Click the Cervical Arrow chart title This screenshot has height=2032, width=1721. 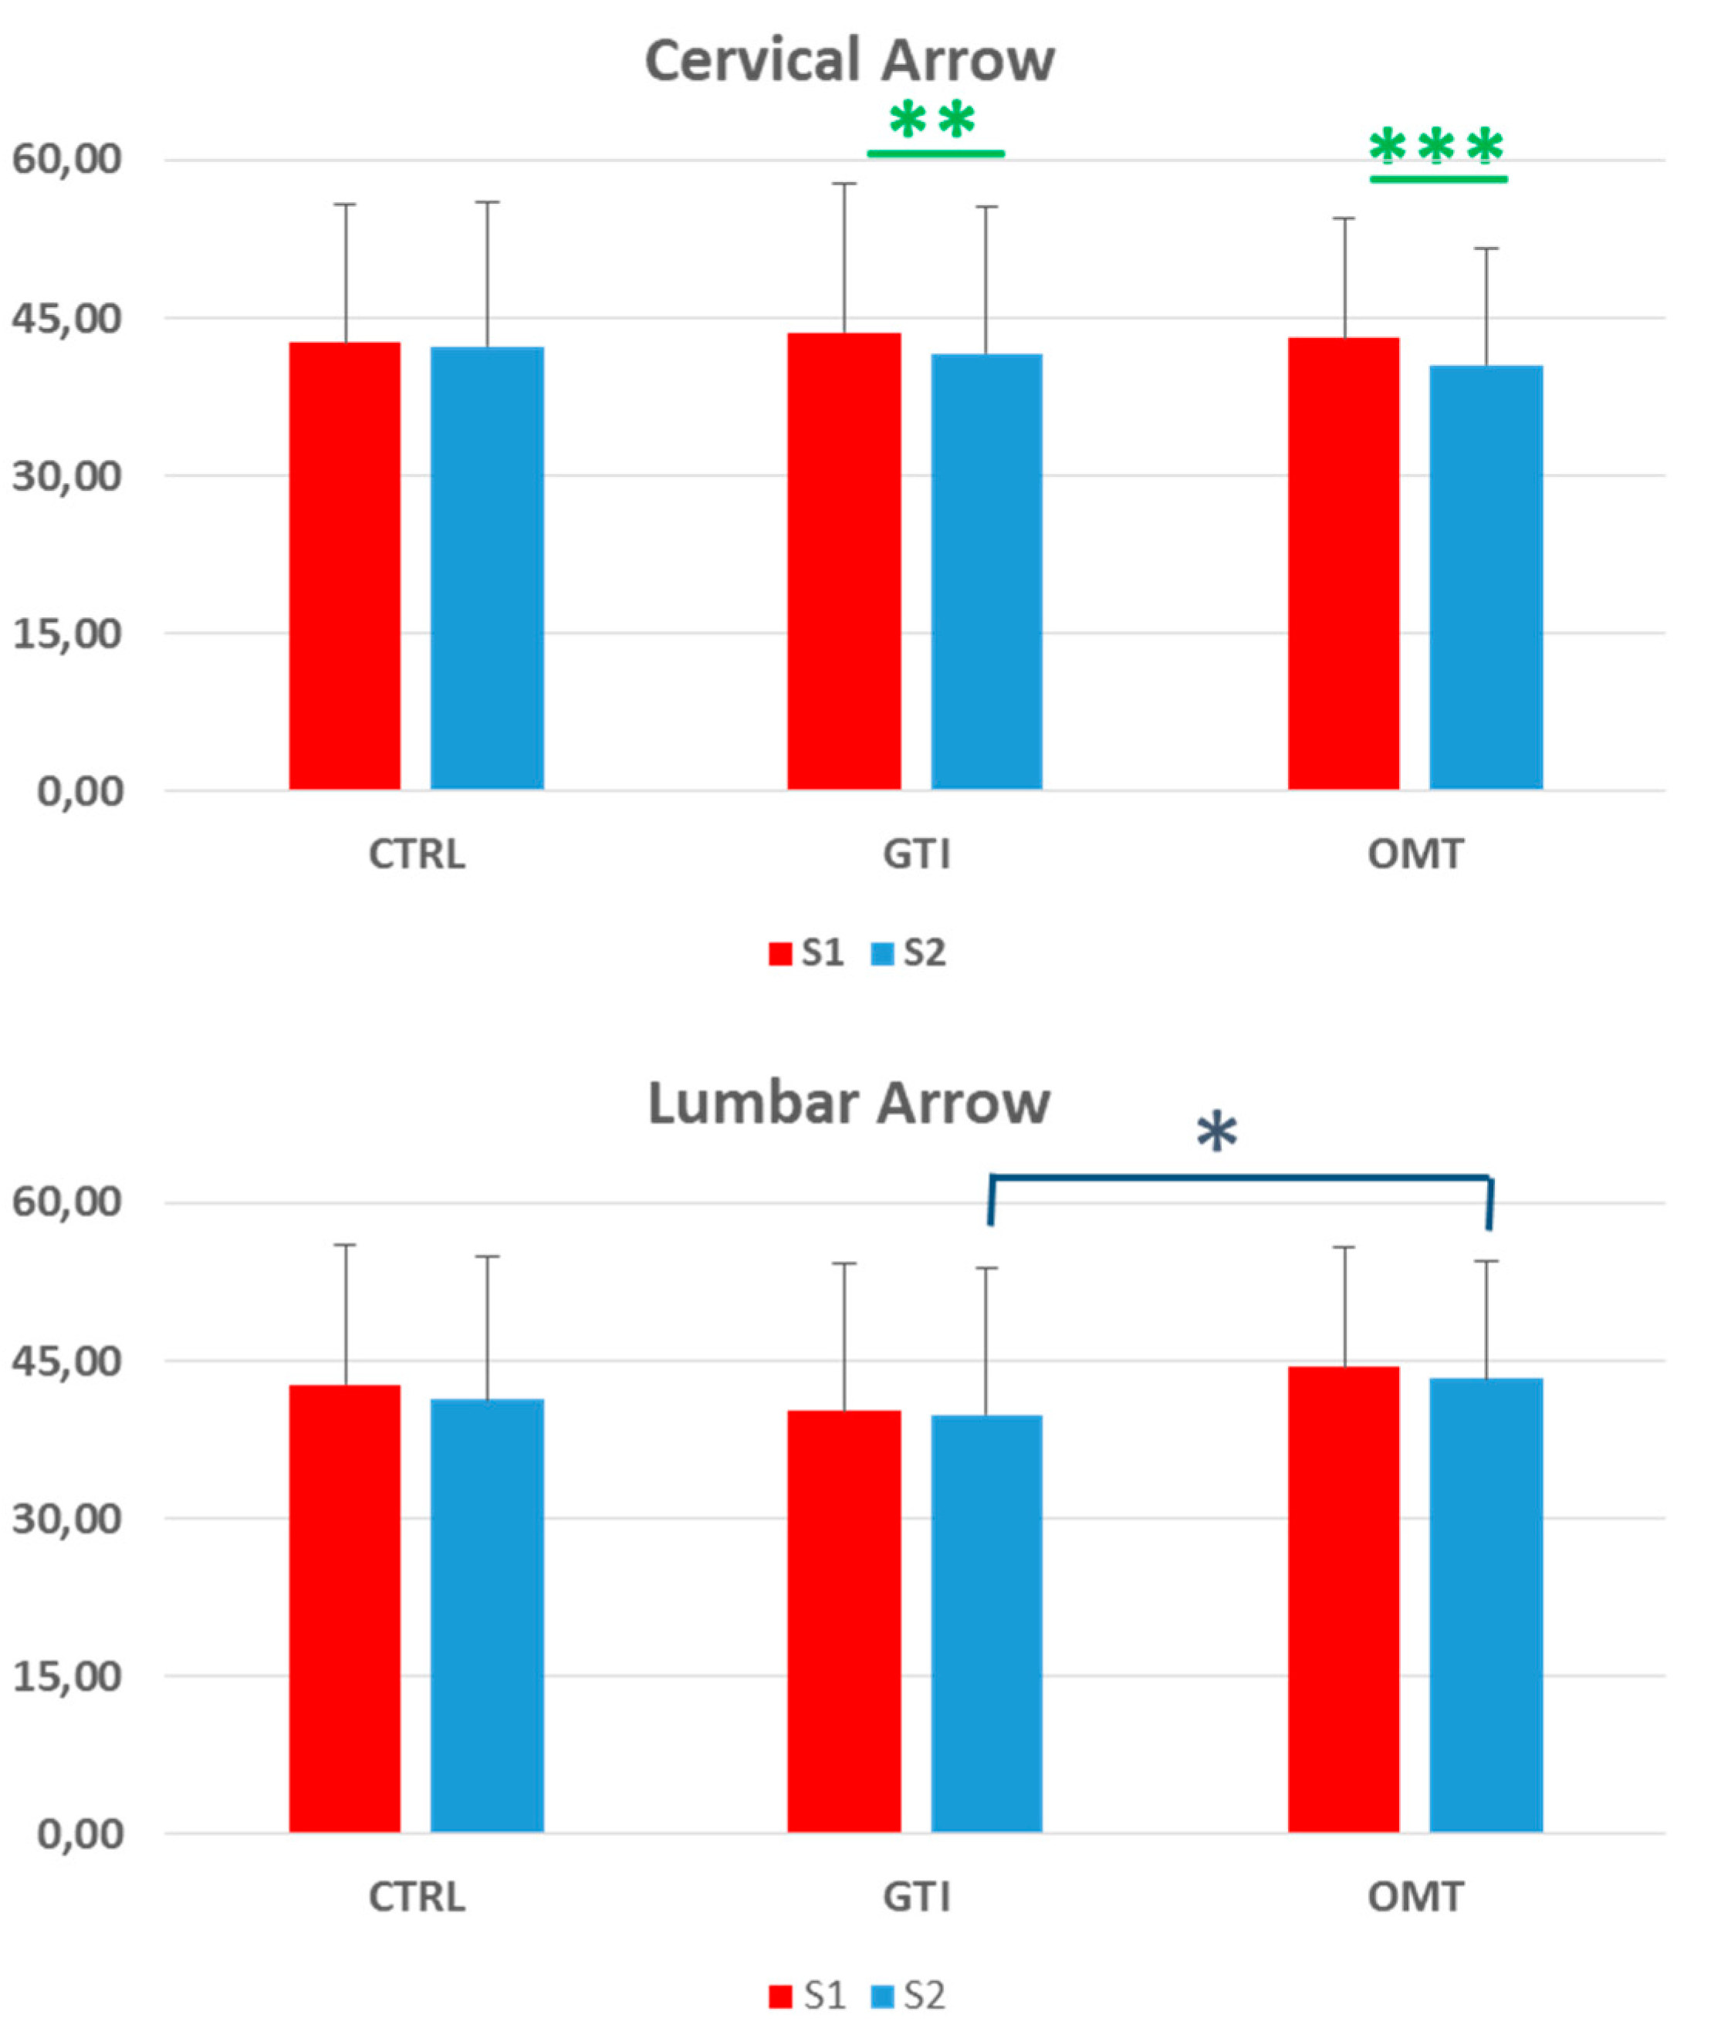(849, 60)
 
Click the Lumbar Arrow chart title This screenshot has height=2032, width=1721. (849, 1104)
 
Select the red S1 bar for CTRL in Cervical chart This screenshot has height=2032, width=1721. (344, 566)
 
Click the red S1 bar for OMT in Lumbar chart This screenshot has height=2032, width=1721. (1344, 1600)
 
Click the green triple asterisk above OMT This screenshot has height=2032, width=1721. (1436, 148)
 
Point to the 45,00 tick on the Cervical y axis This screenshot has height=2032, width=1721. (66, 318)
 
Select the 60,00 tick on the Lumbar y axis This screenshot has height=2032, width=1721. (66, 1202)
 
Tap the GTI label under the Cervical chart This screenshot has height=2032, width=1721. (915, 854)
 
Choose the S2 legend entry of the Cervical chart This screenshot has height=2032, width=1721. (909, 953)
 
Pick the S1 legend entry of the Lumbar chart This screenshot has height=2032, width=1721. (808, 1996)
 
